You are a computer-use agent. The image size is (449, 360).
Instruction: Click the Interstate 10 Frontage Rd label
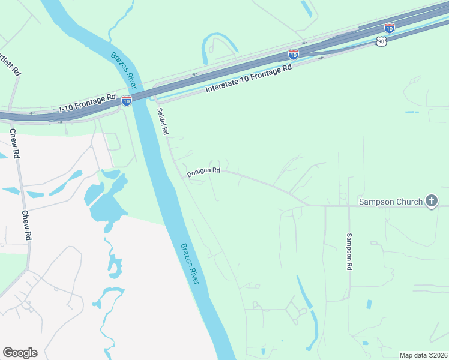248,78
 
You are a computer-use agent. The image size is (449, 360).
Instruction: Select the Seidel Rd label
163,121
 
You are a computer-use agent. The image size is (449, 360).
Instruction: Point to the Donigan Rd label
203,172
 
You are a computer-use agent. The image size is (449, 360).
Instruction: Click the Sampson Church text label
391,202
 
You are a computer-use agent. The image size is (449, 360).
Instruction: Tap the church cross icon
432,201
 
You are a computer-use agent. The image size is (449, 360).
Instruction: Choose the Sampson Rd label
349,252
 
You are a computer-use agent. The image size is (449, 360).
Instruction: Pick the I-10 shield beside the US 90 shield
389,28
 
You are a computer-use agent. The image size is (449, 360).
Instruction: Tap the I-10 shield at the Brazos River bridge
127,100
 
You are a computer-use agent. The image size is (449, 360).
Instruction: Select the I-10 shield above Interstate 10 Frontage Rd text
293,54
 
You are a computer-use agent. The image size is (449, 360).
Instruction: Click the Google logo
20,352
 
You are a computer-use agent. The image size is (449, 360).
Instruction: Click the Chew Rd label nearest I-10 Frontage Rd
15,146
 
